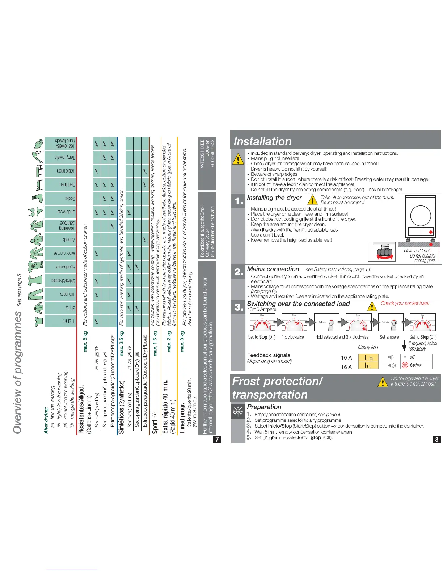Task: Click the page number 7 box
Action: point(217,439)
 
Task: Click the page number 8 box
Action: point(437,439)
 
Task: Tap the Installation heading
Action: point(263,141)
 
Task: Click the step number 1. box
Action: point(238,201)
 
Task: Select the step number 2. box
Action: point(238,272)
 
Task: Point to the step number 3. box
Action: point(238,307)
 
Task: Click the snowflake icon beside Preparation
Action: point(238,411)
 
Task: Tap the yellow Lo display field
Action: point(368,357)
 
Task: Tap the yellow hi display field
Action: point(368,366)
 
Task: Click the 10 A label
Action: point(346,358)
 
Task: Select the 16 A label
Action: point(346,367)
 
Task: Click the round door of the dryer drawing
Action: point(421,216)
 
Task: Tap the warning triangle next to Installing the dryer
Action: point(312,200)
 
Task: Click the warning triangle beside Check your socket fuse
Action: point(372,307)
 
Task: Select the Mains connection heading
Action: point(273,269)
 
